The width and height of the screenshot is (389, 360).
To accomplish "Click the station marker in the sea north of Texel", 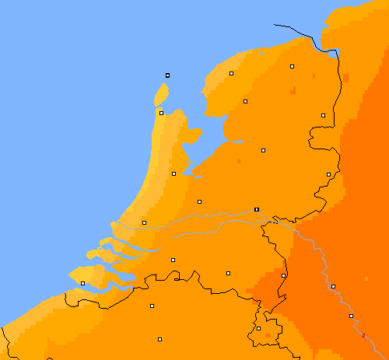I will (x=167, y=75).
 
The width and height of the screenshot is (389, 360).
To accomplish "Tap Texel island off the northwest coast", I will (x=161, y=96).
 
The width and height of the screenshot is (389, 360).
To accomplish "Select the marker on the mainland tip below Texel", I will (x=161, y=113).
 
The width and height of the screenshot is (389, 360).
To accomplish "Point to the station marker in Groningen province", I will (x=293, y=67).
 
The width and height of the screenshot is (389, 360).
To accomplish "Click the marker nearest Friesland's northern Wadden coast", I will (x=231, y=73).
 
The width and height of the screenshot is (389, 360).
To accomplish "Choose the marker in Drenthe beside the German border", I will (x=323, y=115).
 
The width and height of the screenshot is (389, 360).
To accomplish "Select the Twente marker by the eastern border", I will (x=328, y=174).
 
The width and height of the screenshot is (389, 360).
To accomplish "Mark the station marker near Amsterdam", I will (x=173, y=173).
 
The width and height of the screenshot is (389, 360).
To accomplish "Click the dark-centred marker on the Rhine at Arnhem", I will (x=256, y=209).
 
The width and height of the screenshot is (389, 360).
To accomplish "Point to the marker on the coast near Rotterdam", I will (x=144, y=222).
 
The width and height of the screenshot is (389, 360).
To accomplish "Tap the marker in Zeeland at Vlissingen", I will (x=82, y=283).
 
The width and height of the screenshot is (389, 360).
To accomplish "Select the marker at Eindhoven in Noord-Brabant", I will (x=228, y=273).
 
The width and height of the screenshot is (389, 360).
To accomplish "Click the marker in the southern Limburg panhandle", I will (x=259, y=328).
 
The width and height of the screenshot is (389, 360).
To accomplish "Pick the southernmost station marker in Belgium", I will (x=159, y=339).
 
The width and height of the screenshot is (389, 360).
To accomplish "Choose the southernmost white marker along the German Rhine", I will (x=351, y=316).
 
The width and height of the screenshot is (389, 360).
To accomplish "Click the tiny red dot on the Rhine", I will (x=363, y=334).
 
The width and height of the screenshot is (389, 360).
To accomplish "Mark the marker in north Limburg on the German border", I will (x=283, y=275).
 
